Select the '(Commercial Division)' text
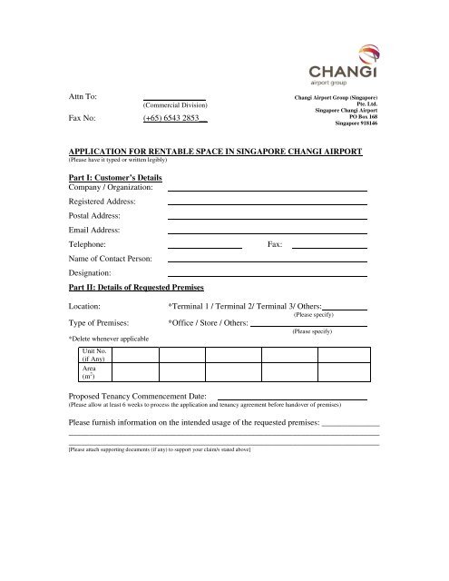click(173, 104)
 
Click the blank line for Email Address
click(268, 233)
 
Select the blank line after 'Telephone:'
click(205, 247)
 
